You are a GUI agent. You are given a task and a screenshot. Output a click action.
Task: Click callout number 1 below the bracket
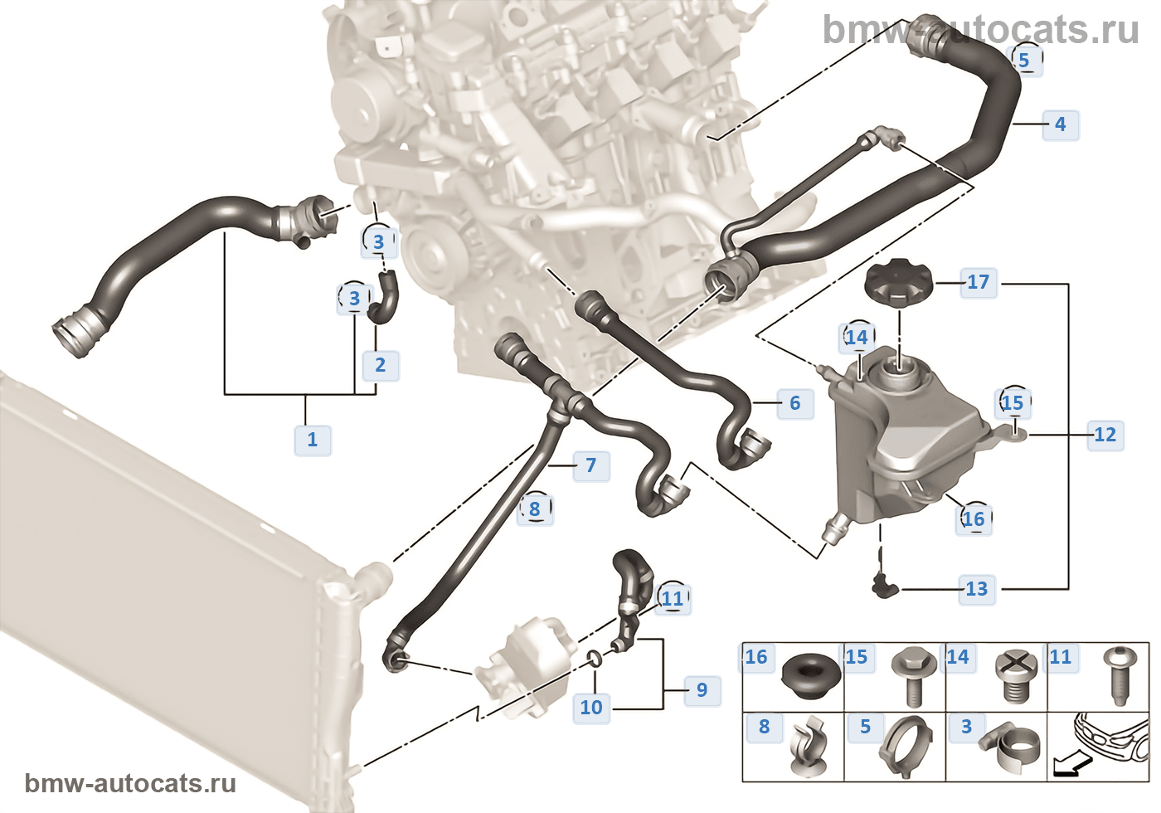313,439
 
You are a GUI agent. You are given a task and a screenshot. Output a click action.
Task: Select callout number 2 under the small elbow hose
380,365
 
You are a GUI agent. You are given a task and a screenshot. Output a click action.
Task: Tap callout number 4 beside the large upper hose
1060,124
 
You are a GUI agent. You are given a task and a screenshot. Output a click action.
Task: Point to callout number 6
794,403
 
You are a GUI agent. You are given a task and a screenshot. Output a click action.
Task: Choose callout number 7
590,465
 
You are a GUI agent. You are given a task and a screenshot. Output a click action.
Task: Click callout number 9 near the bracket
702,690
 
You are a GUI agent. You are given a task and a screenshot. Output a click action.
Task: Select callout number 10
591,708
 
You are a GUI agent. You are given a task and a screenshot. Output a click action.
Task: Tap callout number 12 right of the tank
1105,435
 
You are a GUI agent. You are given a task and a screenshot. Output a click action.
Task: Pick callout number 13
976,589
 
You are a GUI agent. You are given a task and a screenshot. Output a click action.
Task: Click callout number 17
978,282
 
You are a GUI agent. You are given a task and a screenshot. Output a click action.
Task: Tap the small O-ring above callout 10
595,660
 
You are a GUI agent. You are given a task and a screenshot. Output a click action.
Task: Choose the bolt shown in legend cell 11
1117,675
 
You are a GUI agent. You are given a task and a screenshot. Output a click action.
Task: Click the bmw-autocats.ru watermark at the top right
980,31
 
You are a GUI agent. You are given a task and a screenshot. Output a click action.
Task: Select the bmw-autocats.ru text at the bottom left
130,783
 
